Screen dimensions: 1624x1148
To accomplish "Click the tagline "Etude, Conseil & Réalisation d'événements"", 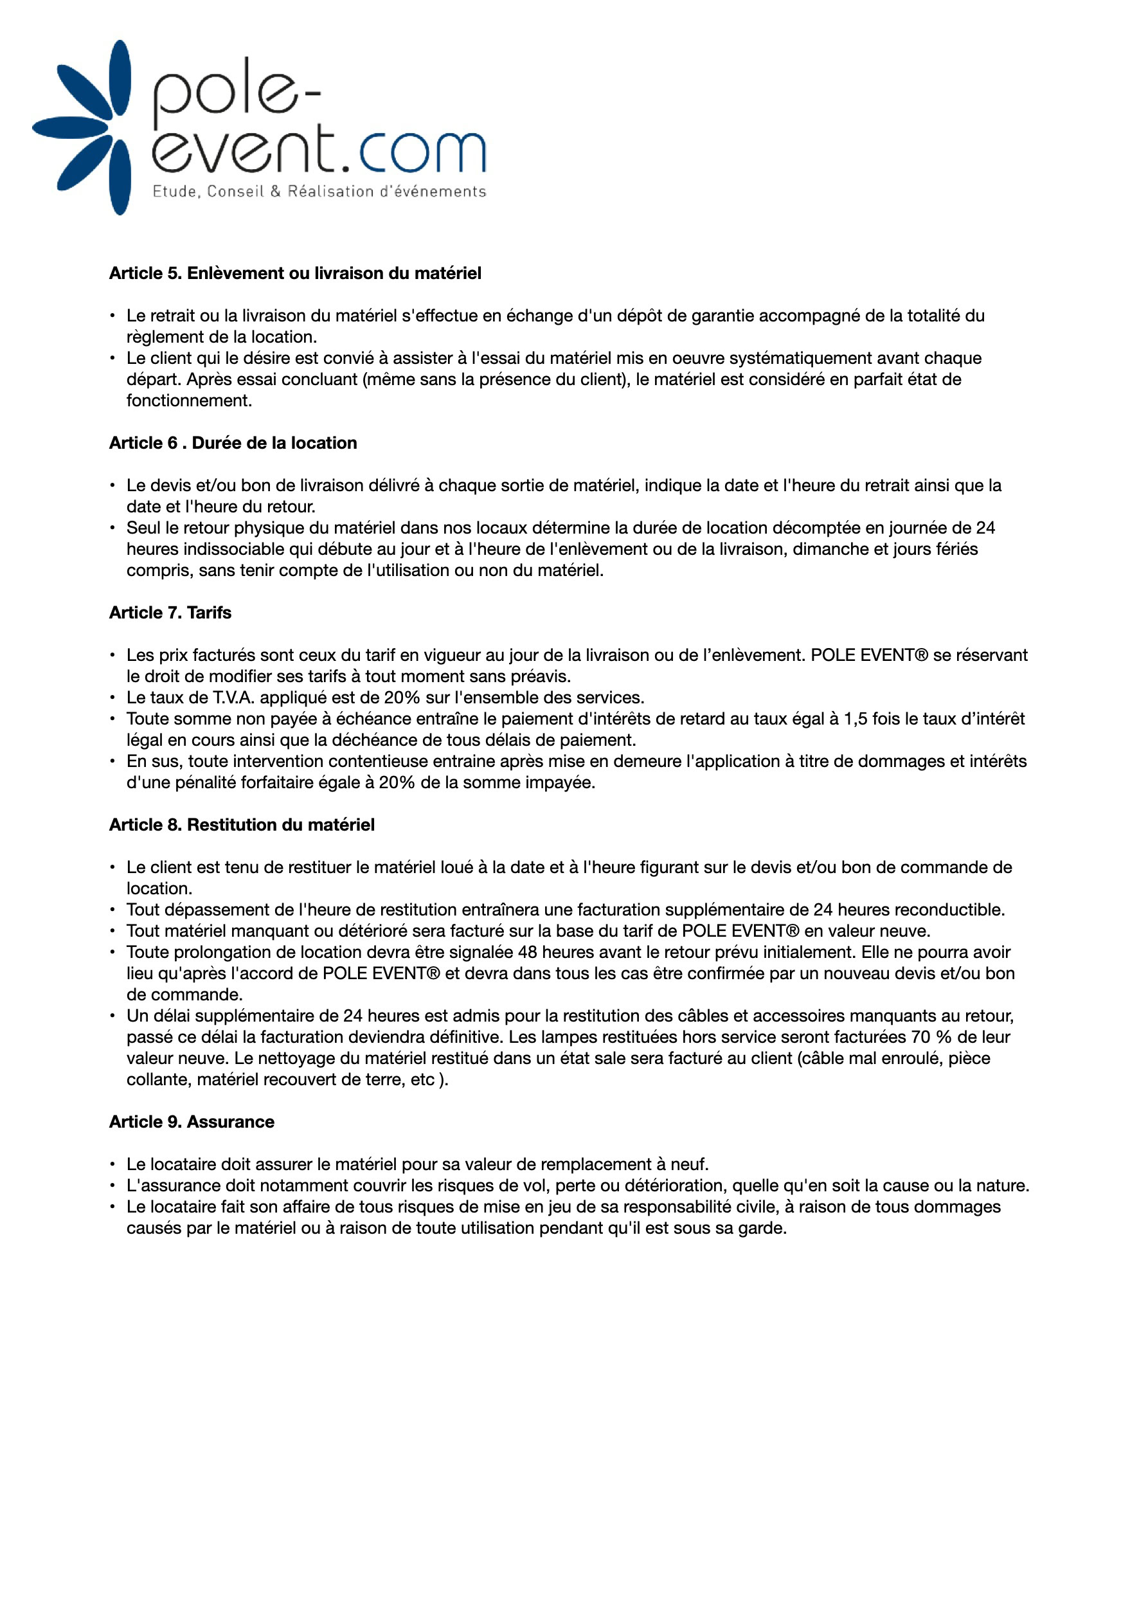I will point(319,191).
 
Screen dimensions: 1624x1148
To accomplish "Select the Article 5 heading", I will point(295,273).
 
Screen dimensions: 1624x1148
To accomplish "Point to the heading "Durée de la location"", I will point(274,443).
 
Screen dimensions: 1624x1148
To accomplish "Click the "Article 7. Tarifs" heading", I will point(170,613).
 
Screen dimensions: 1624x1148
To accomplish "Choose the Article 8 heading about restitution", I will point(242,825).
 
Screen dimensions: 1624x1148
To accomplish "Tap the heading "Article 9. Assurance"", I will point(192,1122).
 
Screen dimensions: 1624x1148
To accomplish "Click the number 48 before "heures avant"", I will point(528,952).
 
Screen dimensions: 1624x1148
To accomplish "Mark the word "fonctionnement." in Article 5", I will point(189,401).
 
